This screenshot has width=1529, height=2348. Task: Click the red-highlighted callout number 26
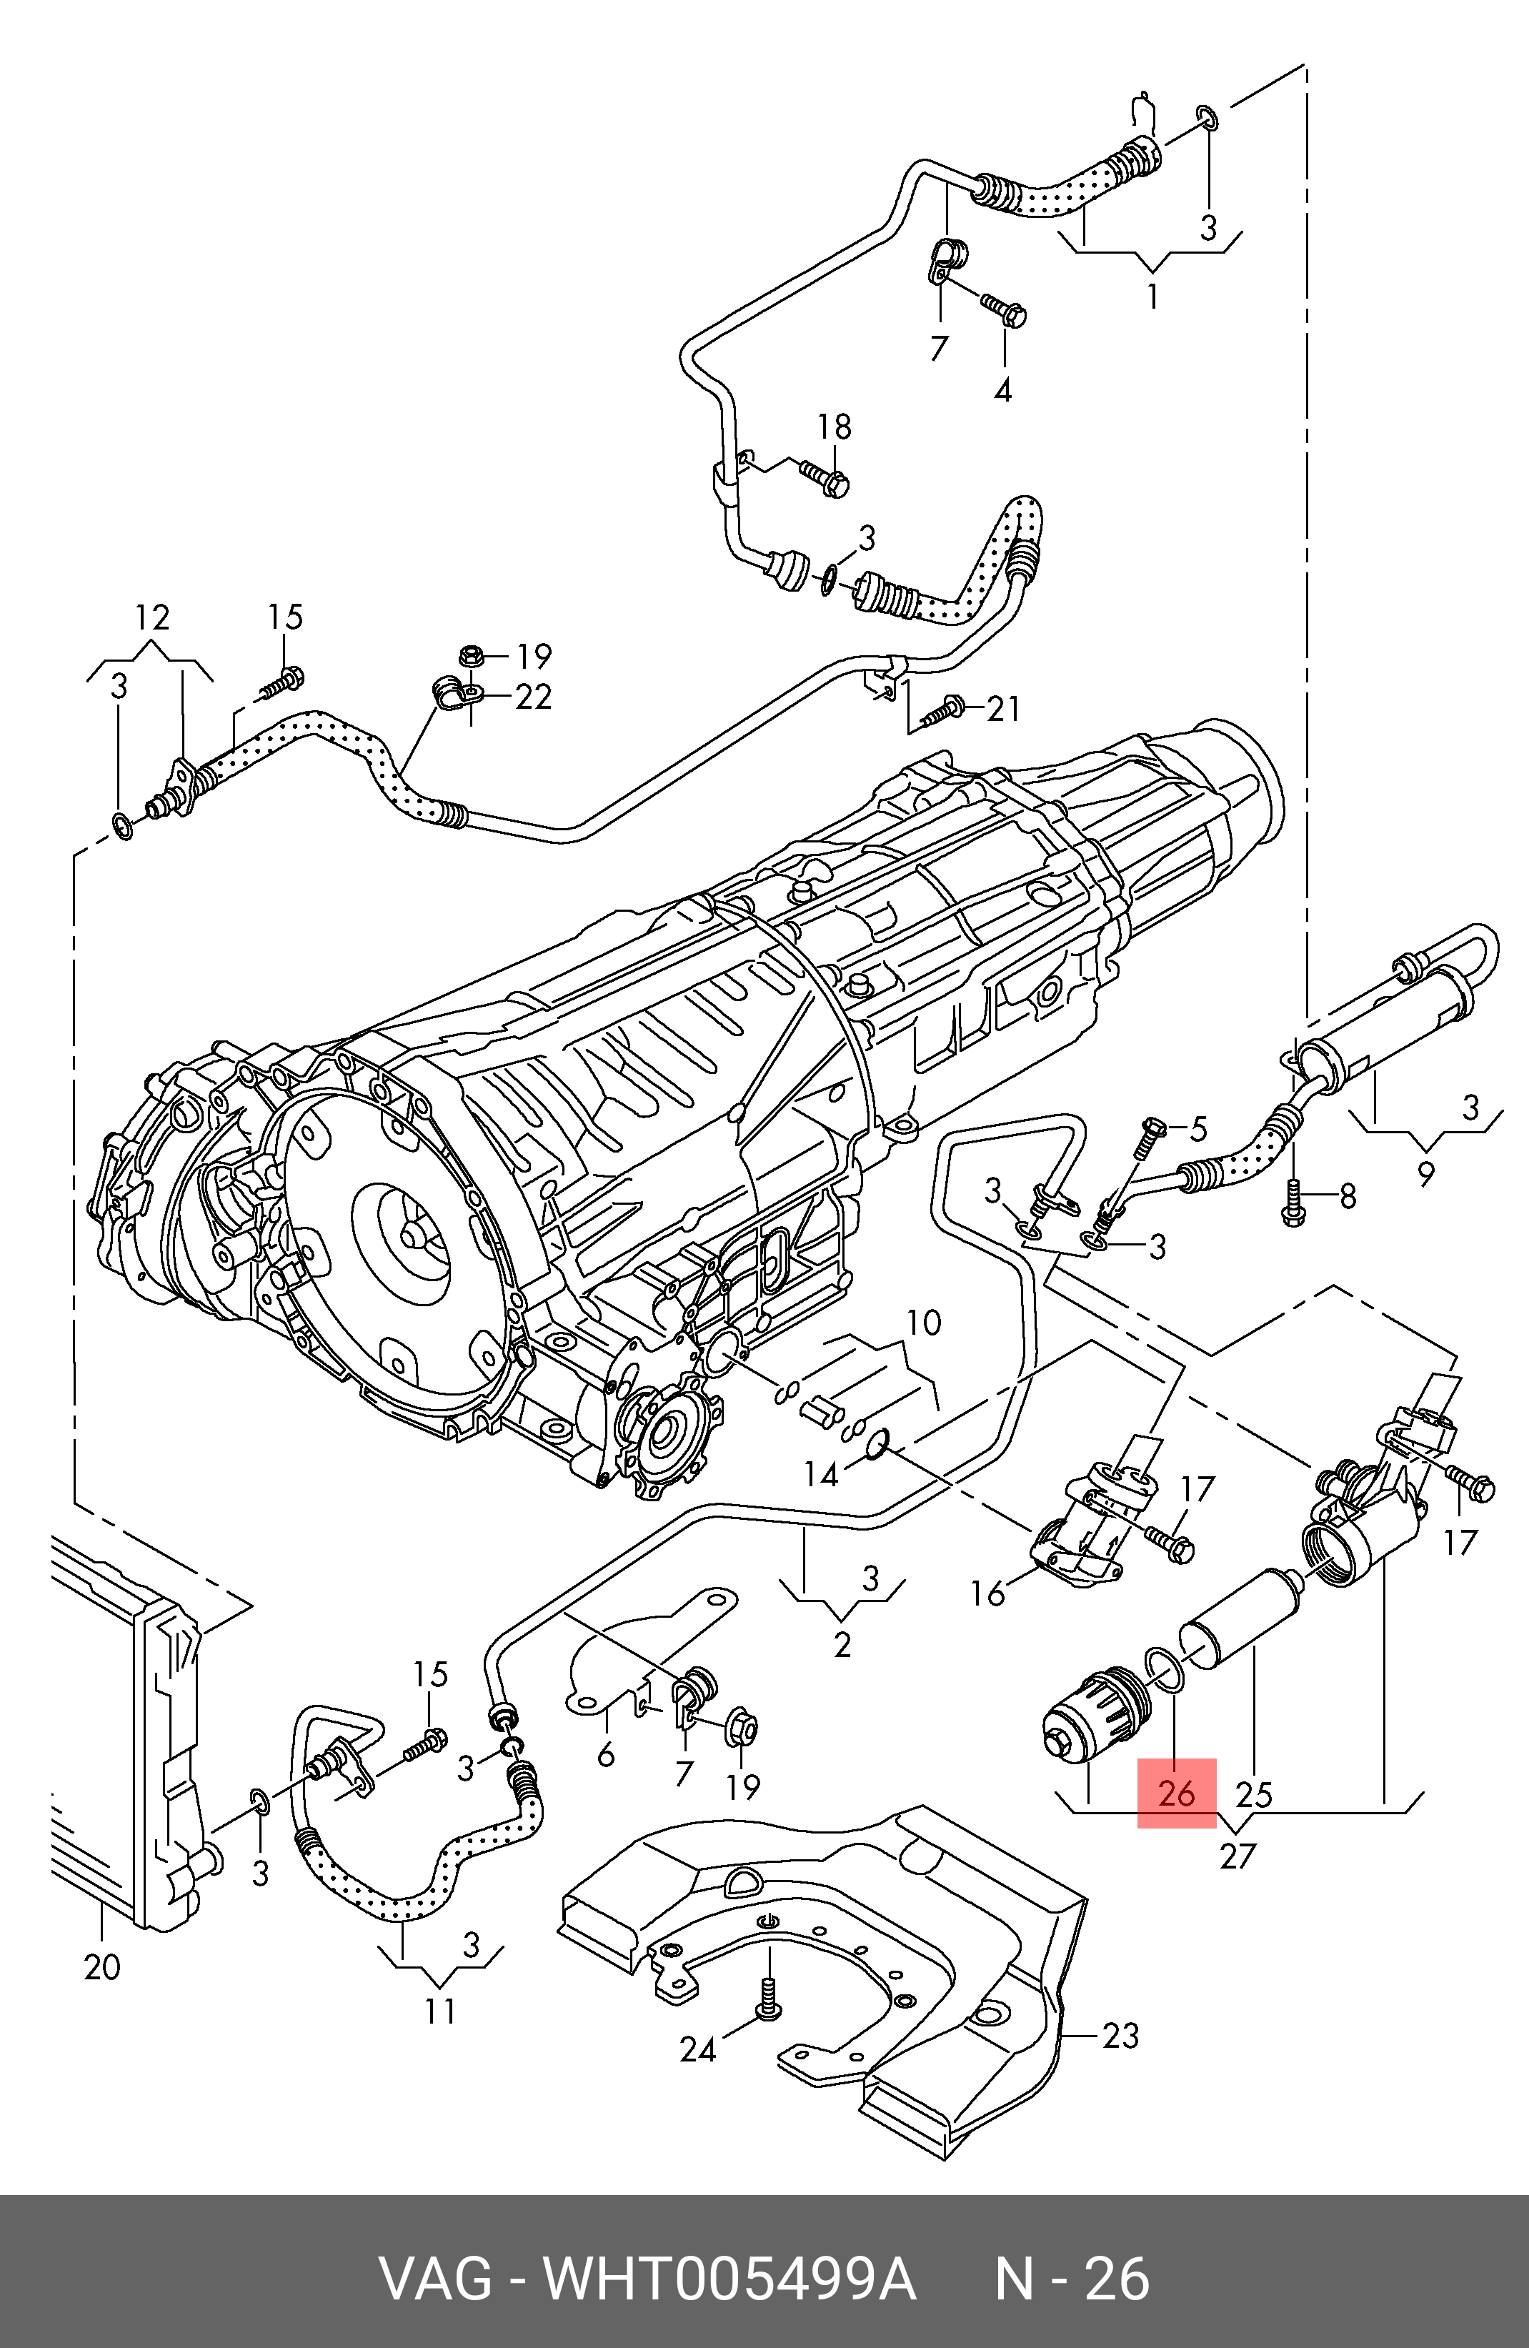click(1177, 1793)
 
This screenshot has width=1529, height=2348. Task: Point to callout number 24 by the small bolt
click(697, 2049)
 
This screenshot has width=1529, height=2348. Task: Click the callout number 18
click(834, 427)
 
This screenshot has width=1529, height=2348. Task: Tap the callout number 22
click(533, 697)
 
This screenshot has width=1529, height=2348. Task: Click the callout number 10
click(923, 1322)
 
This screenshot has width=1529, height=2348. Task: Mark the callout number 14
click(821, 1474)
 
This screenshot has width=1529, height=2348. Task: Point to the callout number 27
click(1237, 1856)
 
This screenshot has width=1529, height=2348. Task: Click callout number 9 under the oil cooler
click(1425, 1173)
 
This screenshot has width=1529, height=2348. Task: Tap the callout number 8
click(1347, 1197)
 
